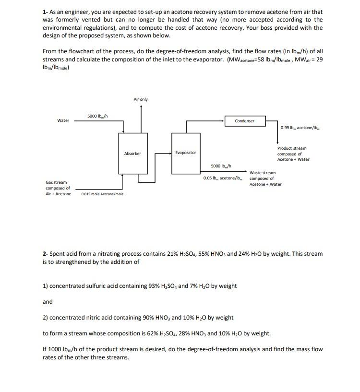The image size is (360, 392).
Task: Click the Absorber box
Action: [x=132, y=153]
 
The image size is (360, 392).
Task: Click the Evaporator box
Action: [x=185, y=153]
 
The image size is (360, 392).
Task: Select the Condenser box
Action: [x=244, y=121]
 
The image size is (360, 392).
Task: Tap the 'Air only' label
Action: [x=141, y=99]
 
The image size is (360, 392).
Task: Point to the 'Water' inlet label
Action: [x=63, y=120]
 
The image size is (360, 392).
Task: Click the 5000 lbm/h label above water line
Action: [x=97, y=116]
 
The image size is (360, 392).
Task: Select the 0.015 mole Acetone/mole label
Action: [x=102, y=194]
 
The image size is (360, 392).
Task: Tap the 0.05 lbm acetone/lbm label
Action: [x=225, y=178]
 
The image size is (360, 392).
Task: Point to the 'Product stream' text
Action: [x=291, y=148]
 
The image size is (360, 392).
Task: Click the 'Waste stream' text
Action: [x=263, y=173]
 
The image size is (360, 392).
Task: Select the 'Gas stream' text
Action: [x=56, y=182]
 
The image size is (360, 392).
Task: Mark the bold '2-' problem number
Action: [x=46, y=253]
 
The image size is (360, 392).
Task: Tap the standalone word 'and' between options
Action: [x=48, y=302]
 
